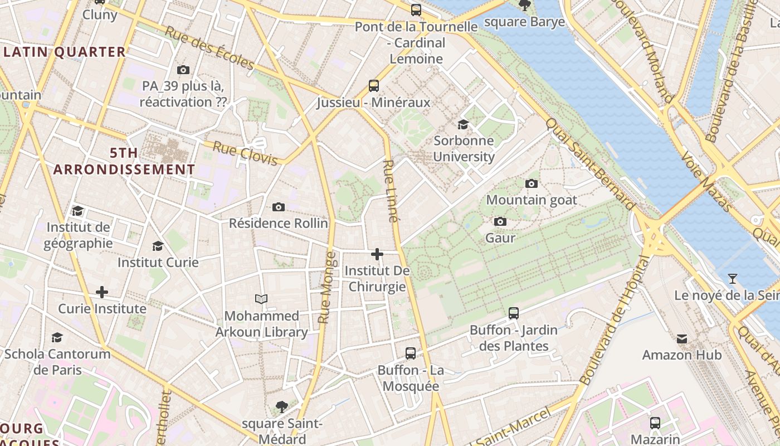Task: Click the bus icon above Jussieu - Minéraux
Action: tap(374, 86)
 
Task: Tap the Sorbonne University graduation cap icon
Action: tap(463, 124)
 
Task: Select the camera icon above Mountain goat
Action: tap(532, 183)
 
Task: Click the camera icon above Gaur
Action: tap(500, 222)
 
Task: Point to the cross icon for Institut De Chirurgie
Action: tap(377, 254)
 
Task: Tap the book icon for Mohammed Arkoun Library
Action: tap(261, 299)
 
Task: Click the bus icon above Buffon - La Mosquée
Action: tap(411, 353)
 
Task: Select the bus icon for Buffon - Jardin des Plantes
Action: tap(514, 313)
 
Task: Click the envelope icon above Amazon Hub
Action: tap(682, 338)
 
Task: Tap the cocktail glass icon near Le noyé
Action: tap(733, 278)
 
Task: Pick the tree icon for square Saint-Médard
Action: tap(282, 407)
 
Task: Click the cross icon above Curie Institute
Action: tap(102, 292)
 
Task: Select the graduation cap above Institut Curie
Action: tap(158, 246)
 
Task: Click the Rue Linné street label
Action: tap(391, 191)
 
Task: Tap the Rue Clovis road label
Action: tap(245, 154)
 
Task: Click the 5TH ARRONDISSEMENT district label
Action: tap(124, 161)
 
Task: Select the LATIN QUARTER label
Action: tap(65, 52)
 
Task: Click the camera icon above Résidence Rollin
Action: tap(279, 207)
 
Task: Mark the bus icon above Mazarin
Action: tap(655, 423)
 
